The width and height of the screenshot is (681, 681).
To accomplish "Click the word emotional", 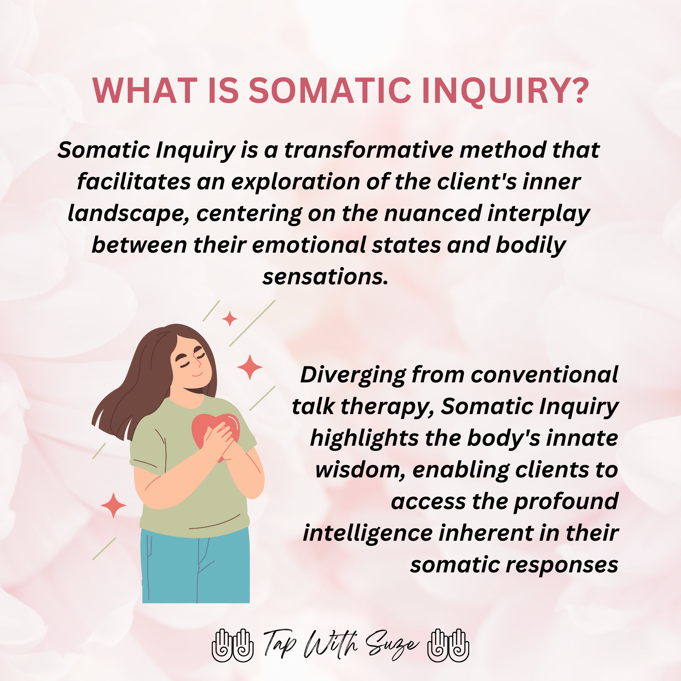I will [x=309, y=245].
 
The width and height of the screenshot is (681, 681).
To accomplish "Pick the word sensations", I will [x=325, y=277].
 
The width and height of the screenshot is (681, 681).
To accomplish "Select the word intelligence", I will [x=367, y=533].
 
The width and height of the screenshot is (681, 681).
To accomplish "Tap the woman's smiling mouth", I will [x=197, y=374].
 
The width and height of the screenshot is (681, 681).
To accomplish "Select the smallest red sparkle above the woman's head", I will [x=229, y=319].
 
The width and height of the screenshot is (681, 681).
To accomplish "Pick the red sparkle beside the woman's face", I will [x=250, y=367].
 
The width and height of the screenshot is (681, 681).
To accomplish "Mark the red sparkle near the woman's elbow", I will [x=113, y=505].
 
